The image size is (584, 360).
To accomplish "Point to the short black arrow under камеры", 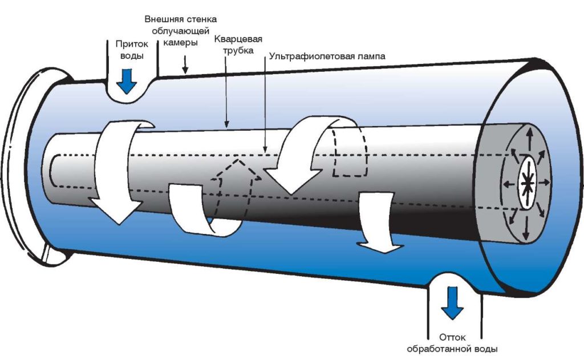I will click(184, 68).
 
